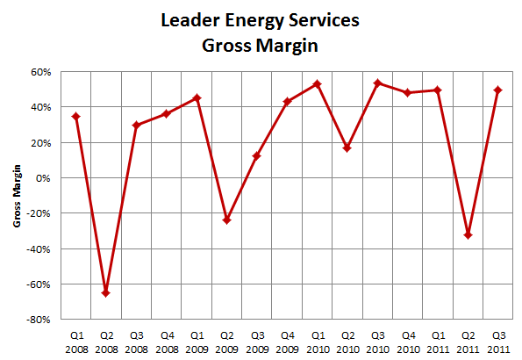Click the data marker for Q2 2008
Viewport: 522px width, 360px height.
[105, 292]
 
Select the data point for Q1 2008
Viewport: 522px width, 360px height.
[75, 116]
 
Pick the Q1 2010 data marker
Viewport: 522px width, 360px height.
[317, 84]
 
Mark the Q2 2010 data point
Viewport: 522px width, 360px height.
[347, 148]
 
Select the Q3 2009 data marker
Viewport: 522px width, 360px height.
[256, 156]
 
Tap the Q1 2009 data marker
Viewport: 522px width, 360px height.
[197, 98]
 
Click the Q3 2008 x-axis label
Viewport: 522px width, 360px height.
[136, 341]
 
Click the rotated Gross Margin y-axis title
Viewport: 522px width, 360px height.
[17, 196]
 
